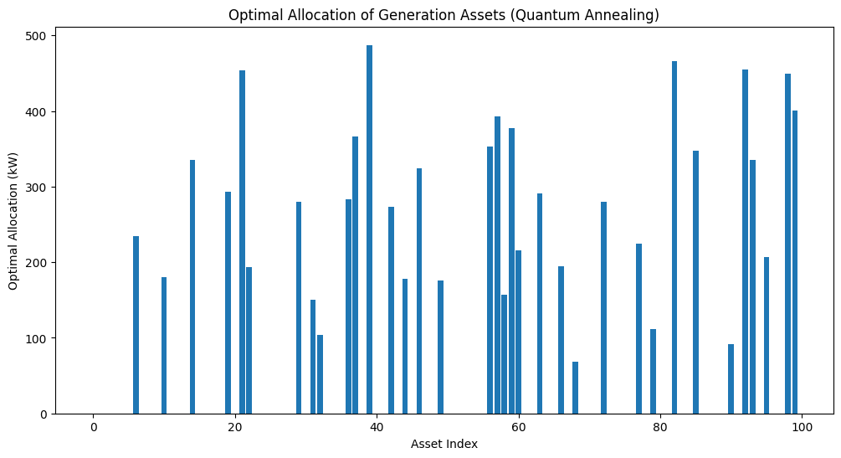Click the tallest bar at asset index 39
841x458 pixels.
point(370,229)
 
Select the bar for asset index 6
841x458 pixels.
point(136,325)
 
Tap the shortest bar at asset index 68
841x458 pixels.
point(575,388)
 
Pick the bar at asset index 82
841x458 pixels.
point(674,237)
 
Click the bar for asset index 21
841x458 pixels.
point(242,242)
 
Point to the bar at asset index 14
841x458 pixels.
point(192,286)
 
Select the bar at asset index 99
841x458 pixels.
point(795,262)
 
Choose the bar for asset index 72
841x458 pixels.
point(603,307)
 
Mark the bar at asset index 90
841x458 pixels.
point(731,379)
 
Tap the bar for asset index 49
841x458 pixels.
point(440,347)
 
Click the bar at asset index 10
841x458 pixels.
point(164,346)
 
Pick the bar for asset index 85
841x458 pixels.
point(695,282)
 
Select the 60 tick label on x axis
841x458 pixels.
point(519,427)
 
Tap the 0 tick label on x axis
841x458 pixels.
point(94,427)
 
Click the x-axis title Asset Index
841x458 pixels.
point(444,444)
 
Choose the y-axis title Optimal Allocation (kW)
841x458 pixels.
point(13,221)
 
